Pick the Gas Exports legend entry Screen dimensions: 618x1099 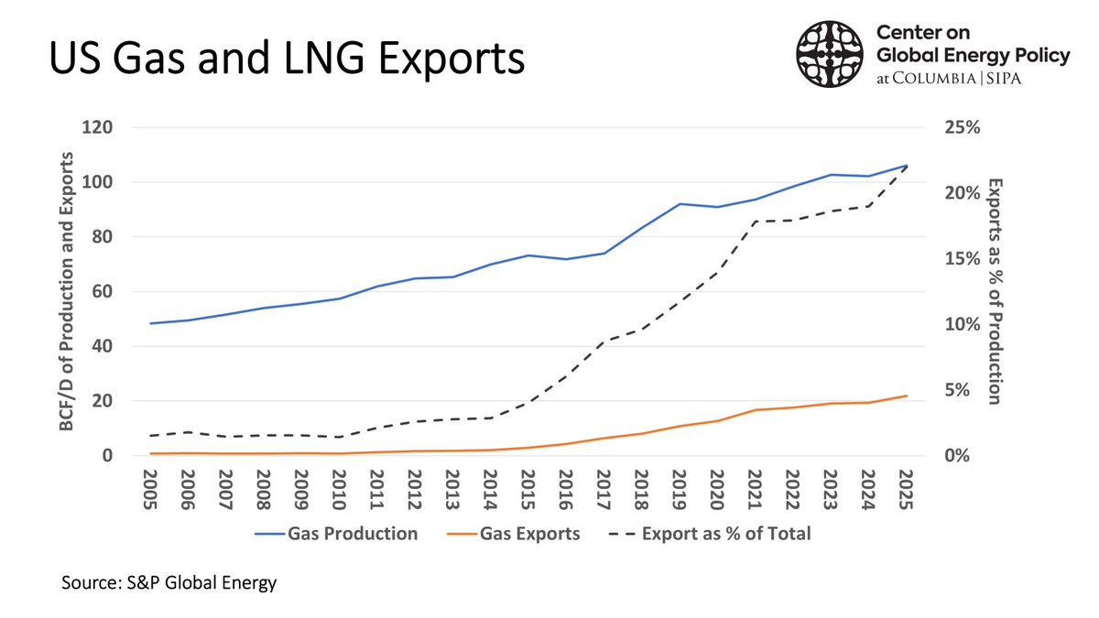[515, 533]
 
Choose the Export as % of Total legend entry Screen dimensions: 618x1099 [710, 533]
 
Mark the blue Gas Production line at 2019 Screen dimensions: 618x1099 [679, 204]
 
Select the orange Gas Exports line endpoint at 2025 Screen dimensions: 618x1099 [905, 396]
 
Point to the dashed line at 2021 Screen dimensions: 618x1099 [754, 221]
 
